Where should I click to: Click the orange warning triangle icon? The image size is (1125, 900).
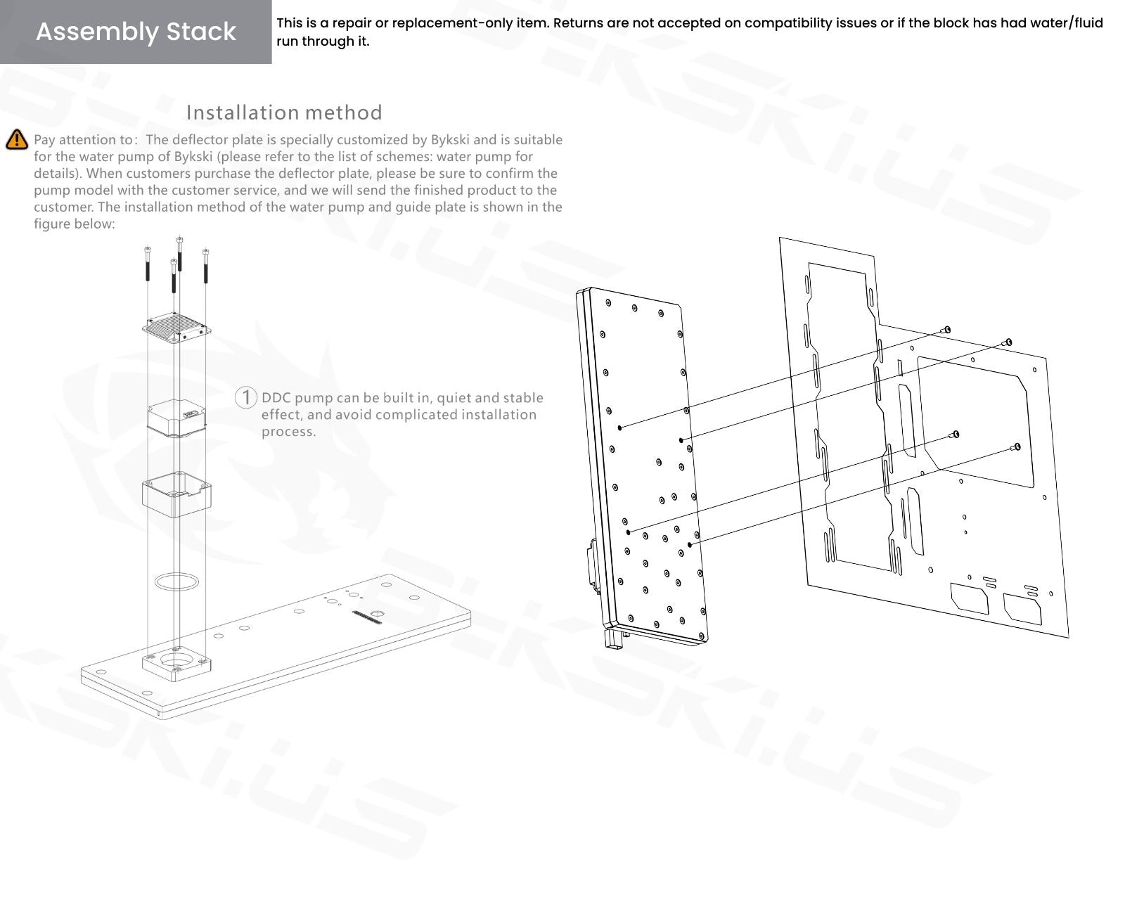pyautogui.click(x=17, y=140)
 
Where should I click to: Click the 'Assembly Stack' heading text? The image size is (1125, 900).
pyautogui.click(x=136, y=32)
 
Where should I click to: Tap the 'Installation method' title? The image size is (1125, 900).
pyautogui.click(x=284, y=112)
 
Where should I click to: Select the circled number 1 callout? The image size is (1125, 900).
pyautogui.click(x=245, y=397)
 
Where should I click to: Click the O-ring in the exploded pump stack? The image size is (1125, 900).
pyautogui.click(x=176, y=582)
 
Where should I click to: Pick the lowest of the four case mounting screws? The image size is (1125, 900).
pyautogui.click(x=1017, y=447)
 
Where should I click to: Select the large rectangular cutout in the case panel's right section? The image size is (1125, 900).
pyautogui.click(x=973, y=422)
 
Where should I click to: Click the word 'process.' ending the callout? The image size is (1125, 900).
pyautogui.click(x=289, y=432)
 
